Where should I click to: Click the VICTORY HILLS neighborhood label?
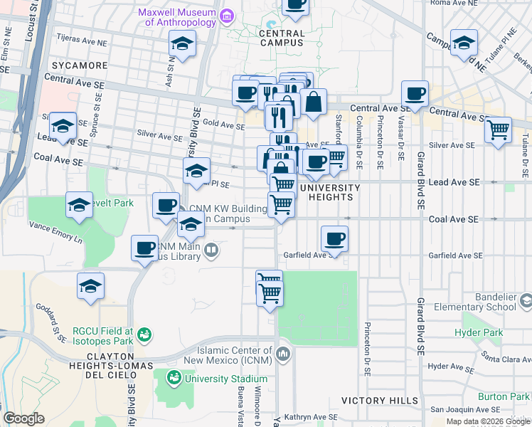pos(380,401)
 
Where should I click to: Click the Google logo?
pos(24,418)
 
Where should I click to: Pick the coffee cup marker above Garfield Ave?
pos(334,238)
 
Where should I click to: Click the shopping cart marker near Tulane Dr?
pos(498,130)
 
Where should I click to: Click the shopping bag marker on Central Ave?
pos(313,102)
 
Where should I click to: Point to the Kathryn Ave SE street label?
pos(309,417)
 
